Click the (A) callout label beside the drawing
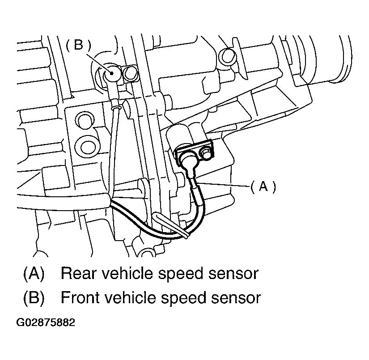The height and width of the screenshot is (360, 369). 263,186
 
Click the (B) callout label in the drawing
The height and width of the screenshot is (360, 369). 78,45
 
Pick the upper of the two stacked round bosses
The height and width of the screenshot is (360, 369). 83,120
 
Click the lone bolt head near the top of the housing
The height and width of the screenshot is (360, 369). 228,55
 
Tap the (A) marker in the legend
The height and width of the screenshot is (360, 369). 34,273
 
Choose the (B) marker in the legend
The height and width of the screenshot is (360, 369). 34,297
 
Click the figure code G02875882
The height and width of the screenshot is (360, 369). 46,322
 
